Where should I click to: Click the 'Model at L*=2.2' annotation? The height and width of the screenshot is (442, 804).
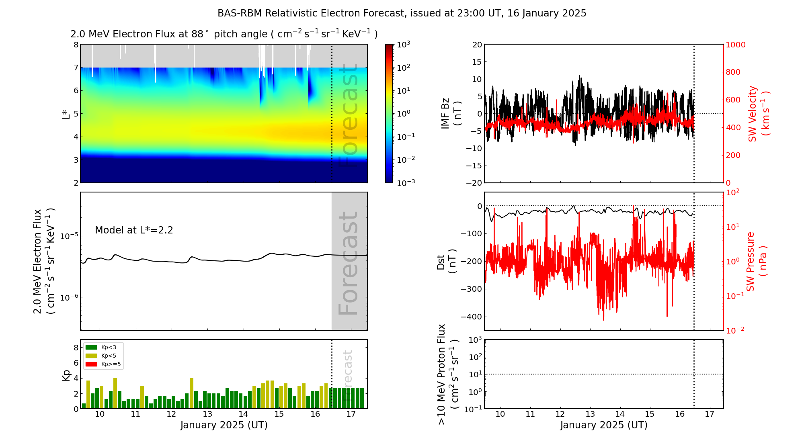click(134, 230)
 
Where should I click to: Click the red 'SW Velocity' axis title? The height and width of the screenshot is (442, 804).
click(758, 114)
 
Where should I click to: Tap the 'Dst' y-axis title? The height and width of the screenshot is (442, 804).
click(446, 261)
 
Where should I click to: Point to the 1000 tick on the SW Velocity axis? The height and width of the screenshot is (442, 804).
click(735, 45)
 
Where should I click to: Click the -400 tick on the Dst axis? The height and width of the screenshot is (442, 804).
click(472, 317)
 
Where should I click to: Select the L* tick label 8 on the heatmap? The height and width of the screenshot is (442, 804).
click(76, 45)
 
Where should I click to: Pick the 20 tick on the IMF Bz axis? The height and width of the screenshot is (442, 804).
click(477, 45)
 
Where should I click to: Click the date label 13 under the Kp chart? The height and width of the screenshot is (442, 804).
click(207, 414)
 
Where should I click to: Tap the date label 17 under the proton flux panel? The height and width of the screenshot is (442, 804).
click(710, 414)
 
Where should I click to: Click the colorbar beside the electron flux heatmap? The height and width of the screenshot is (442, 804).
click(389, 113)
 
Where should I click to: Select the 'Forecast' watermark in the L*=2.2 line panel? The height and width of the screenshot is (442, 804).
click(349, 263)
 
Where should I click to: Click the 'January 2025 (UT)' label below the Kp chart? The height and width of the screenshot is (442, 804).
click(224, 425)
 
